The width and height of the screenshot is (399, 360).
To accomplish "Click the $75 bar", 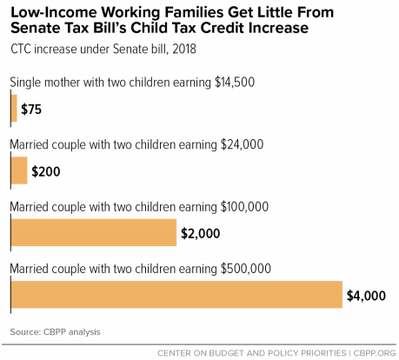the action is (14, 109).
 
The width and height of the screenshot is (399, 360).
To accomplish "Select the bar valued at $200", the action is (19, 170).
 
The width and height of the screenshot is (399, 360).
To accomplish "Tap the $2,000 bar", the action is (94, 232).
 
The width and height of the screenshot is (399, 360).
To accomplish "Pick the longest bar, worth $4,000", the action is (176, 295).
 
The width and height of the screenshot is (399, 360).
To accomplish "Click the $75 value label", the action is (31, 110).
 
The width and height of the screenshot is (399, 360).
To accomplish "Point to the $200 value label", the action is (46, 171).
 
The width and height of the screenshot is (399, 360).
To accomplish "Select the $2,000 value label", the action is (201, 233).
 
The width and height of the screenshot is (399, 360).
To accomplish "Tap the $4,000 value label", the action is (366, 296).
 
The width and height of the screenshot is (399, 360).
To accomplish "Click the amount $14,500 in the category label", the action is (235, 83).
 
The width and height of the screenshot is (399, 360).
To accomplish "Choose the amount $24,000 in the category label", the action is (243, 144).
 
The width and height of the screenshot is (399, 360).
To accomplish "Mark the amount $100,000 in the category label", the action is (245, 207).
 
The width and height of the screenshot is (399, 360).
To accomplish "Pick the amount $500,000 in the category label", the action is (246, 269).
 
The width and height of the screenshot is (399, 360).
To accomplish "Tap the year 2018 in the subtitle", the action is (184, 49).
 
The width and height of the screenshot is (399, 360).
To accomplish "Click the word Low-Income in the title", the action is (54, 12).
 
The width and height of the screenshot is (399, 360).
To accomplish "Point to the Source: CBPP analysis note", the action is (55, 332).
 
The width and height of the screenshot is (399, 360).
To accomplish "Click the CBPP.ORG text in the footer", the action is (375, 353).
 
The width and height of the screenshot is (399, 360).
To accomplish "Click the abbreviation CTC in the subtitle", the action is (21, 49).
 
